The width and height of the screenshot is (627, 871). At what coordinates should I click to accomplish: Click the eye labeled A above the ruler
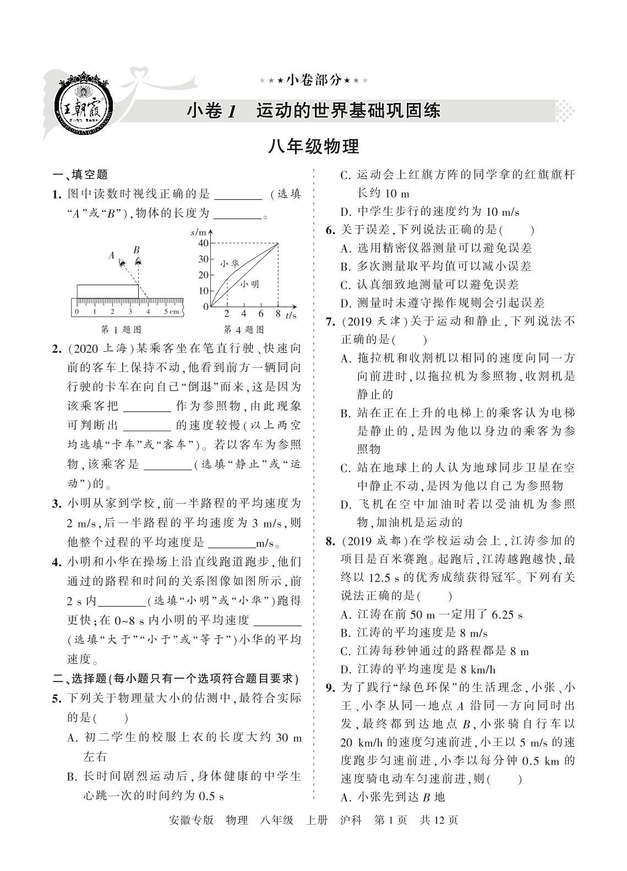click(x=122, y=264)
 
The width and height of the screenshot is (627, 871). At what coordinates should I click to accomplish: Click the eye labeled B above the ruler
click(x=138, y=262)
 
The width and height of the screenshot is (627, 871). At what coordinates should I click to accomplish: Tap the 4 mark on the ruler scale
click(x=148, y=312)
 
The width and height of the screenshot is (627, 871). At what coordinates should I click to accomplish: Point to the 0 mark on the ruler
click(x=77, y=312)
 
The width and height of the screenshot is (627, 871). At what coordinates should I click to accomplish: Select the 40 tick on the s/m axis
click(x=203, y=243)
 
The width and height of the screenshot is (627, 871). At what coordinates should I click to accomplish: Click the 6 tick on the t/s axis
click(x=261, y=314)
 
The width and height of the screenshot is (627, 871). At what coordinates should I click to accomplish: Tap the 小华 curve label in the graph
click(x=230, y=264)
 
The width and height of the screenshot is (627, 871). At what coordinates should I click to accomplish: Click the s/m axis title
click(x=198, y=232)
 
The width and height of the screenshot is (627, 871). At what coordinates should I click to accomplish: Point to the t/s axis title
click(x=291, y=315)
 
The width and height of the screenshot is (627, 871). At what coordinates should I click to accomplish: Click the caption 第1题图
click(x=122, y=330)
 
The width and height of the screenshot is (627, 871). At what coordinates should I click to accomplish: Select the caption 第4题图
click(x=243, y=330)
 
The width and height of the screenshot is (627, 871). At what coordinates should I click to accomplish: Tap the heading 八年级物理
click(x=313, y=147)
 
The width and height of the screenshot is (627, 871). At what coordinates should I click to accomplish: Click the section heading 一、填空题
click(x=80, y=175)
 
